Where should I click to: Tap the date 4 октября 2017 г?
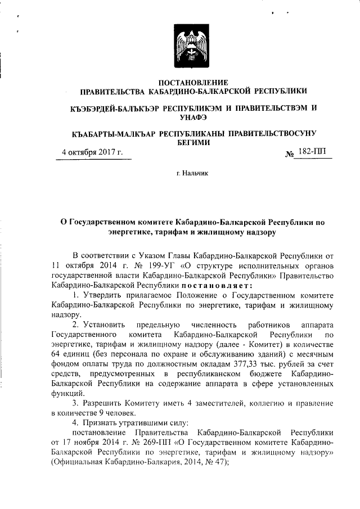coord(91,152)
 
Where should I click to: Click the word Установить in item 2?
coord(103,326)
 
